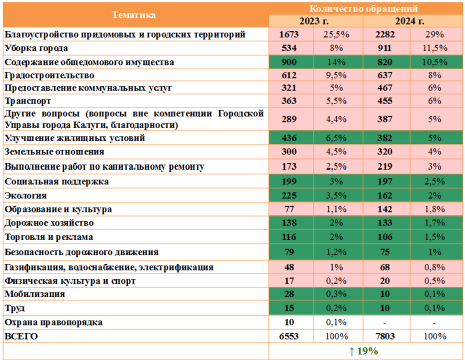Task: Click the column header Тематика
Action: (134, 15)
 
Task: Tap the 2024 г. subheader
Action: (414, 21)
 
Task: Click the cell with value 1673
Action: (289, 35)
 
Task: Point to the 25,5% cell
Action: (338, 35)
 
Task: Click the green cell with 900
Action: (289, 62)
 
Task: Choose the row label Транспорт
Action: (28, 100)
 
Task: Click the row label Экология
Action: (26, 196)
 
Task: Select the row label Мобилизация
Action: (35, 294)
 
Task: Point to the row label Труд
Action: (15, 308)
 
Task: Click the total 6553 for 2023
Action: (289, 336)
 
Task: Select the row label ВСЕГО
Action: (21, 336)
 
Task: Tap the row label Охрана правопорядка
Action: (53, 322)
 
